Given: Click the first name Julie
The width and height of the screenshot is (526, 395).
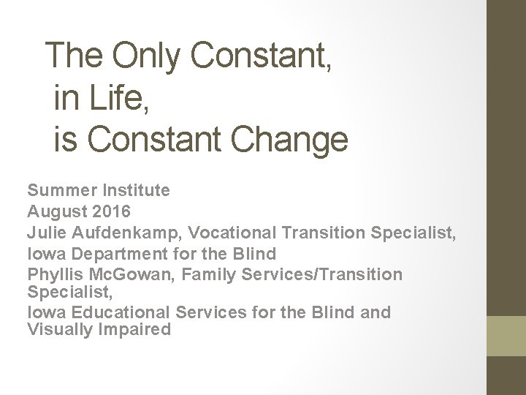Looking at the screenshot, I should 46,233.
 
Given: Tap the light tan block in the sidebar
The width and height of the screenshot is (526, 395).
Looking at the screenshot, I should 506,335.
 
